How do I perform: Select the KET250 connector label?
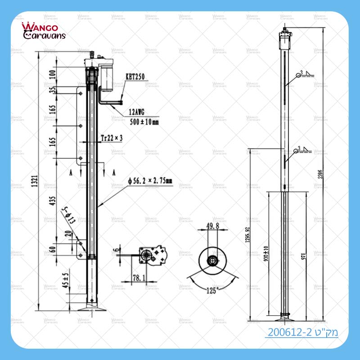click(x=135, y=77)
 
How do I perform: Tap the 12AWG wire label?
click(x=139, y=112)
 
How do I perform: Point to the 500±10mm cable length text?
click(x=144, y=121)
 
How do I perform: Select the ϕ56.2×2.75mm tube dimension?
click(x=150, y=181)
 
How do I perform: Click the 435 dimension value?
click(x=53, y=201)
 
